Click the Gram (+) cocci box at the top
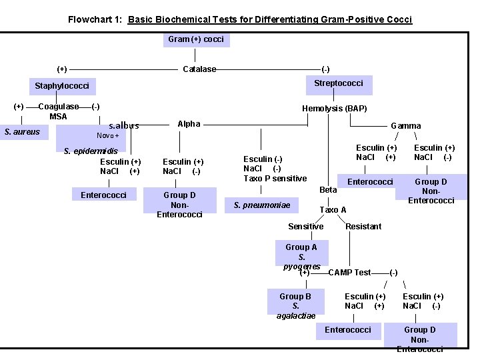pos(195,39)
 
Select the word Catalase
pos(199,69)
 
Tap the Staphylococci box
pos(62,86)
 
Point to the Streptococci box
pos(339,83)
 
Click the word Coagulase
pos(59,107)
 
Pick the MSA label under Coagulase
pos(58,117)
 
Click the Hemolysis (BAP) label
pos(334,109)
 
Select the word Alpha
pos(189,124)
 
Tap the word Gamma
pos(405,125)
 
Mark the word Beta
pos(328,190)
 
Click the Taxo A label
pos(333,210)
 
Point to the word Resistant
pos(363,227)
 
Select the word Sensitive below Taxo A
pos(305,227)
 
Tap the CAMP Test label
pos(349,273)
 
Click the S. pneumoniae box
pos(262,205)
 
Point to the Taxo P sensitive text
pos(275,179)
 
